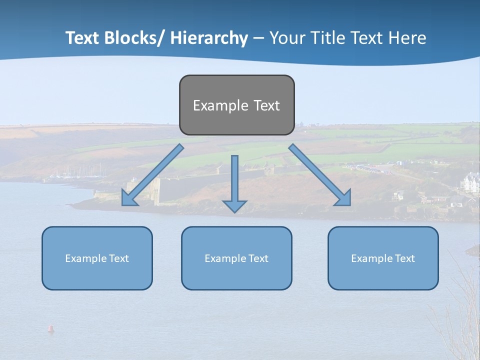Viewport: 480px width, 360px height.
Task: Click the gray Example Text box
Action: (x=236, y=105)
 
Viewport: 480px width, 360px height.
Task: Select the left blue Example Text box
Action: (x=97, y=258)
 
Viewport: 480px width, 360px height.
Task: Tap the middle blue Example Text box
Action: (x=236, y=258)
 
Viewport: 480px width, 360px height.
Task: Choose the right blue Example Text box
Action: (x=383, y=258)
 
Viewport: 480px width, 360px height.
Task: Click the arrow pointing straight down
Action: (x=234, y=180)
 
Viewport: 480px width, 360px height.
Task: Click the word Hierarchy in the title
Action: (x=209, y=38)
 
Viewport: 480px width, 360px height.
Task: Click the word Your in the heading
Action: (x=286, y=38)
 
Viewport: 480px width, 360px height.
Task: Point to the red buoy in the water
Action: (x=50, y=328)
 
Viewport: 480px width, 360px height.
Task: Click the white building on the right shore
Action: (x=470, y=183)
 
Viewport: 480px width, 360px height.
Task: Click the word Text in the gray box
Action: (x=266, y=105)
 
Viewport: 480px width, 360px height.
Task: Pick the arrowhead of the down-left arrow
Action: (x=128, y=199)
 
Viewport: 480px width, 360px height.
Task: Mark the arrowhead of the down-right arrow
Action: (x=344, y=199)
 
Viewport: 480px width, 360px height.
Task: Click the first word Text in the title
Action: (x=83, y=38)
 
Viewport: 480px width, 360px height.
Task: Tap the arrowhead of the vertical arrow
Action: (x=234, y=205)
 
